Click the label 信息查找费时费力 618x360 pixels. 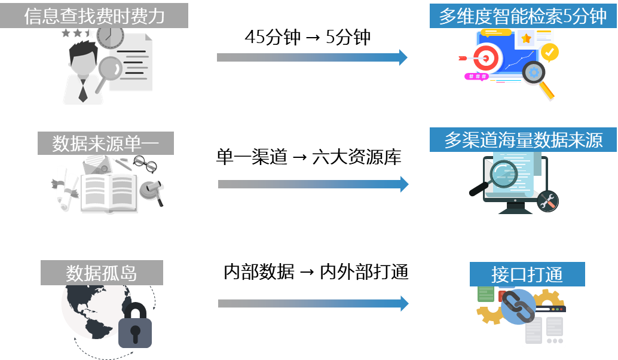pos(94,16)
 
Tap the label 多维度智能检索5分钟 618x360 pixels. pos(523,16)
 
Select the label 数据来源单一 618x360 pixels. pos(106,144)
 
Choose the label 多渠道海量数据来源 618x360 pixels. pos(523,140)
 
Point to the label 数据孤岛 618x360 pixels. pos(102,273)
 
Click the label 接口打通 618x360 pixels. pos(527,274)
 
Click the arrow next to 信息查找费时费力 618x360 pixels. pos(311,57)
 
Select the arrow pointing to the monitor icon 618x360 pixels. pos(313,184)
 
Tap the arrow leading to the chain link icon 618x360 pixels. pos(313,303)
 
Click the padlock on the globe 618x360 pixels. pos(135,327)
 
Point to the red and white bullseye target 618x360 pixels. pos(485,58)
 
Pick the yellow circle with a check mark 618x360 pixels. pos(550,52)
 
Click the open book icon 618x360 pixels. pos(108,193)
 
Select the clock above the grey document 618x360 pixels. pos(110,36)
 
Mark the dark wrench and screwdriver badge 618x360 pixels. pos(547,201)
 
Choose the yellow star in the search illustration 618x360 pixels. pos(526,39)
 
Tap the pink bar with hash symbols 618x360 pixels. pos(477,77)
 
